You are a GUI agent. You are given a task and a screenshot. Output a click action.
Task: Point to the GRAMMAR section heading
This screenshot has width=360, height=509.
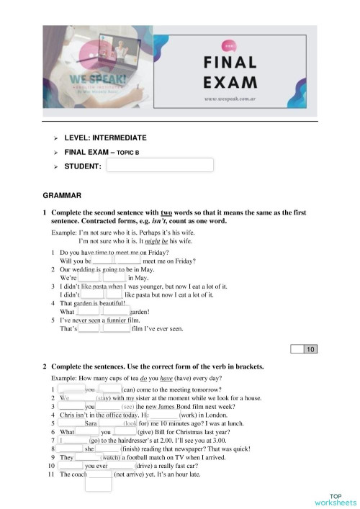[63, 194]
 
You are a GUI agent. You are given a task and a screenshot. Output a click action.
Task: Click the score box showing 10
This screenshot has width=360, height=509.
[310, 350]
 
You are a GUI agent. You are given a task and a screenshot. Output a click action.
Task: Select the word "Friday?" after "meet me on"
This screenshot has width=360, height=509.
[191, 261]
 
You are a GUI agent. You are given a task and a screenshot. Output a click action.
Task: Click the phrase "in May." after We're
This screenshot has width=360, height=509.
[138, 276]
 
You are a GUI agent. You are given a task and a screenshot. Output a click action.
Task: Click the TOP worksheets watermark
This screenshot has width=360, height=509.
[334, 499]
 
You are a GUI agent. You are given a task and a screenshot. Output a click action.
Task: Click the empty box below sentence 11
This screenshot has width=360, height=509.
[99, 485]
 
